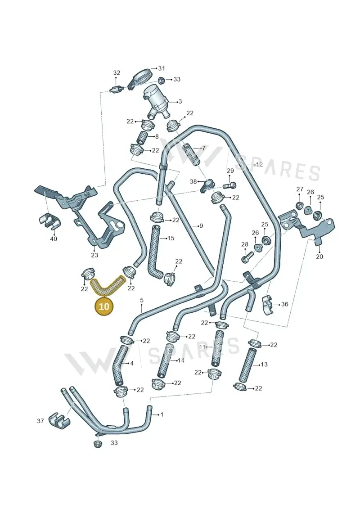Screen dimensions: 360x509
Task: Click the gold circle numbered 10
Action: pyautogui.click(x=104, y=306)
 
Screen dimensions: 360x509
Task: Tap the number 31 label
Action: pyautogui.click(x=162, y=68)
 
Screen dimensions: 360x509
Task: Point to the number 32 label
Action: pyautogui.click(x=117, y=73)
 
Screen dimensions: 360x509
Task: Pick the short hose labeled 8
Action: pyautogui.click(x=142, y=137)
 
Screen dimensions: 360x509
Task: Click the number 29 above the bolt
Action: pyautogui.click(x=230, y=171)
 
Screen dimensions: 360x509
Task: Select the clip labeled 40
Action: pyautogui.click(x=49, y=221)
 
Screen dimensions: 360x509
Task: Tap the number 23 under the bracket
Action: pyautogui.click(x=94, y=255)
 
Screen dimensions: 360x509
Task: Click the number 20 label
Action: pyautogui.click(x=319, y=257)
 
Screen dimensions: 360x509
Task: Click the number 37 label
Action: pyautogui.click(x=40, y=421)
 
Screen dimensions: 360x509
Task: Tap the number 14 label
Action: pyautogui.click(x=181, y=360)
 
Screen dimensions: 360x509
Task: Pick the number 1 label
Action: pyautogui.click(x=162, y=414)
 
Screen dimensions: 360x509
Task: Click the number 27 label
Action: pyautogui.click(x=300, y=189)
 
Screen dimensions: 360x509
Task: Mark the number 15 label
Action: pyautogui.click(x=171, y=238)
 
